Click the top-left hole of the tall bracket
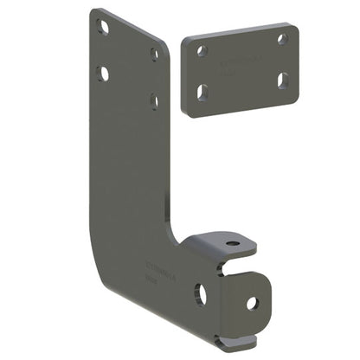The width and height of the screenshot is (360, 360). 103,28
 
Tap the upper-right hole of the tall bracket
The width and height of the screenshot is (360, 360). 154,54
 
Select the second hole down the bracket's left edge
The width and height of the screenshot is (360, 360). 103,74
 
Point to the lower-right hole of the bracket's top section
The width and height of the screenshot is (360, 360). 154,100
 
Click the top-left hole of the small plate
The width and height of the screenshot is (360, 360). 202,51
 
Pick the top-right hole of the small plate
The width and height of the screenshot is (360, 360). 282,39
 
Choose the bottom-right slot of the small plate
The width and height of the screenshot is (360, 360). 283,79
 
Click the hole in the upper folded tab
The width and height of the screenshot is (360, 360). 231,243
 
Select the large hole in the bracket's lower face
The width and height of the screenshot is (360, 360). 200,295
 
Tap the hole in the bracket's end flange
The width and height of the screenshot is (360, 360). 252,303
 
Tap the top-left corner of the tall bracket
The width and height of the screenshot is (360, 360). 93,11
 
